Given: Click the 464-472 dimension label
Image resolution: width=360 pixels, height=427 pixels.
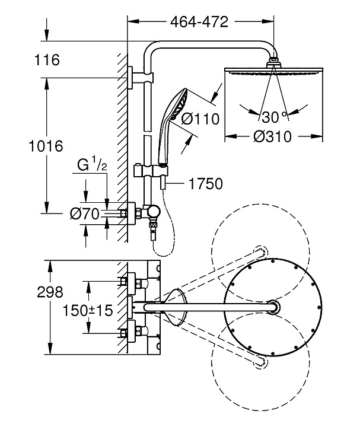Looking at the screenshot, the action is (x=199, y=22).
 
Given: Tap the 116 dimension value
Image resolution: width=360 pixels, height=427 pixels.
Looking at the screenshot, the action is (x=47, y=60).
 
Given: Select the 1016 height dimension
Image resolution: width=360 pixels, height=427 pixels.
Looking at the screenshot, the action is (x=46, y=146).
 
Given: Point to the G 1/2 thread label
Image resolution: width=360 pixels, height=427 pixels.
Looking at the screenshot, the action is (x=92, y=165).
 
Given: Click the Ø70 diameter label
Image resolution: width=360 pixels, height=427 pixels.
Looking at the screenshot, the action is (x=85, y=213).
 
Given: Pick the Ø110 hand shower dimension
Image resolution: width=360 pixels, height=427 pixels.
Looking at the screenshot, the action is (x=200, y=119).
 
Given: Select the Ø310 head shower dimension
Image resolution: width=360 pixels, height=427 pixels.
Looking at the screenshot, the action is (x=272, y=136).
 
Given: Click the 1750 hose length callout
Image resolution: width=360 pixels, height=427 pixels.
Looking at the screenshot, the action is (x=206, y=184).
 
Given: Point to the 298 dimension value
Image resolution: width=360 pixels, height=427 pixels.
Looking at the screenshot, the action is (x=50, y=292).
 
